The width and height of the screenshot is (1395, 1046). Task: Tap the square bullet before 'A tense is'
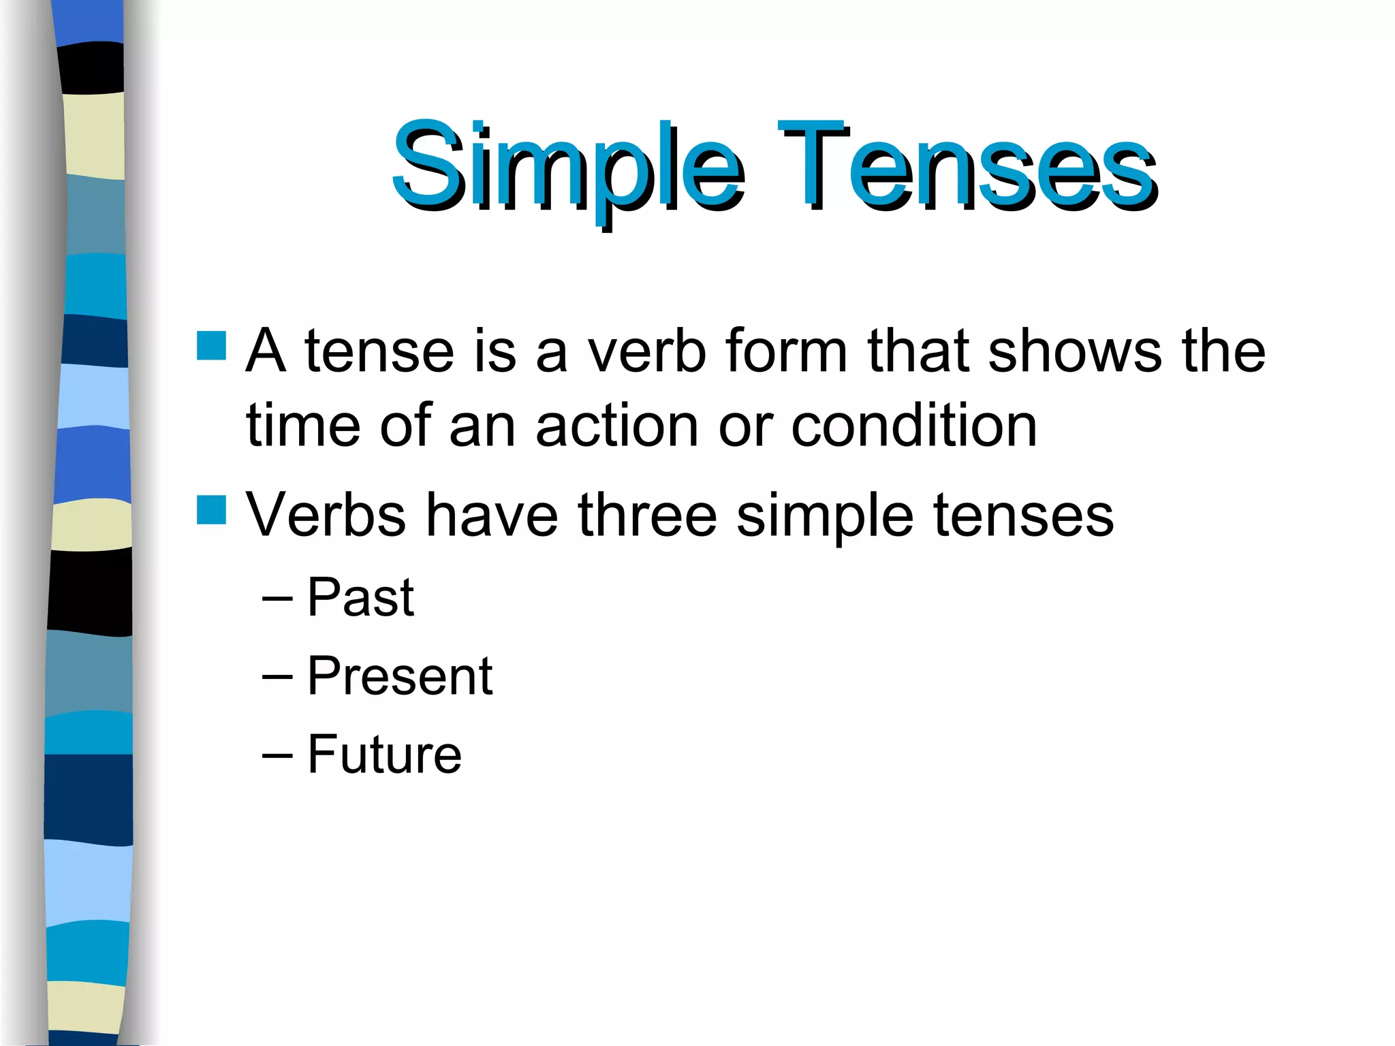211,345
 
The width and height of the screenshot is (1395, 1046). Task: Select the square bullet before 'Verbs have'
211,509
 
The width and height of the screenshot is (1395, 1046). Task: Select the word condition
913,426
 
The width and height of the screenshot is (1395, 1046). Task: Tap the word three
647,516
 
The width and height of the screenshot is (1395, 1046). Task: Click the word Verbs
326,516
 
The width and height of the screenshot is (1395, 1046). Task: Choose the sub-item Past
360,597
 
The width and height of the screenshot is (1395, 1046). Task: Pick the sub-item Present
400,676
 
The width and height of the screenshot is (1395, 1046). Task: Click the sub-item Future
384,755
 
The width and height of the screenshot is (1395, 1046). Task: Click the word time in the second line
303,426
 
